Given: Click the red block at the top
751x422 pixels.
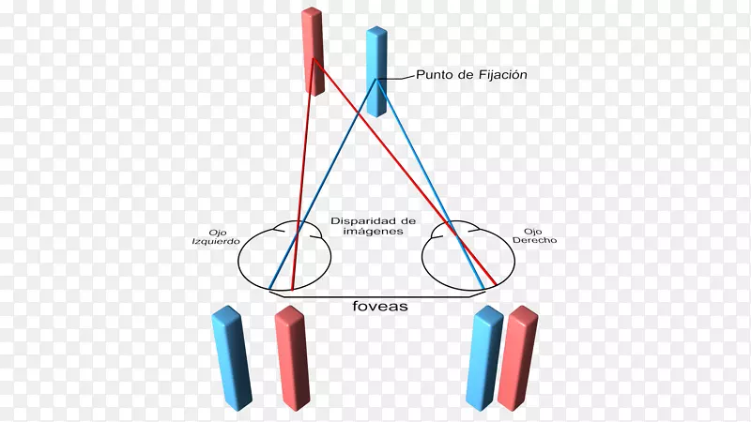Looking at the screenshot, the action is click(x=313, y=52).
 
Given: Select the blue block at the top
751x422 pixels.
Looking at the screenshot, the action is click(x=377, y=72).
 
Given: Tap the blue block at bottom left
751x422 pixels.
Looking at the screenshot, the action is click(x=232, y=358).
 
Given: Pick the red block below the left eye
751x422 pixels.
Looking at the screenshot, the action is click(x=292, y=358).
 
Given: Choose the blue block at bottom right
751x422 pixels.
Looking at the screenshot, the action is click(x=484, y=358).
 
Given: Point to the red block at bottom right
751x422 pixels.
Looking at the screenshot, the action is click(x=518, y=358).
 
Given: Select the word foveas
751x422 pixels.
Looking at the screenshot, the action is click(x=380, y=307).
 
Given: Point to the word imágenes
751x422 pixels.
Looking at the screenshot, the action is click(x=373, y=231).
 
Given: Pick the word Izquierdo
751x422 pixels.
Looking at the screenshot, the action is click(x=216, y=241).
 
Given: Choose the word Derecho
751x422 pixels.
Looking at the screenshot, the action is click(x=534, y=240).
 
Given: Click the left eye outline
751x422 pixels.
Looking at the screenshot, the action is click(x=238, y=259).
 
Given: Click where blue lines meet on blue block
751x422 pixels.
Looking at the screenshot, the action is click(x=377, y=79).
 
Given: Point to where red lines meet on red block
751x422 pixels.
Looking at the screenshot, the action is click(x=313, y=59).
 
